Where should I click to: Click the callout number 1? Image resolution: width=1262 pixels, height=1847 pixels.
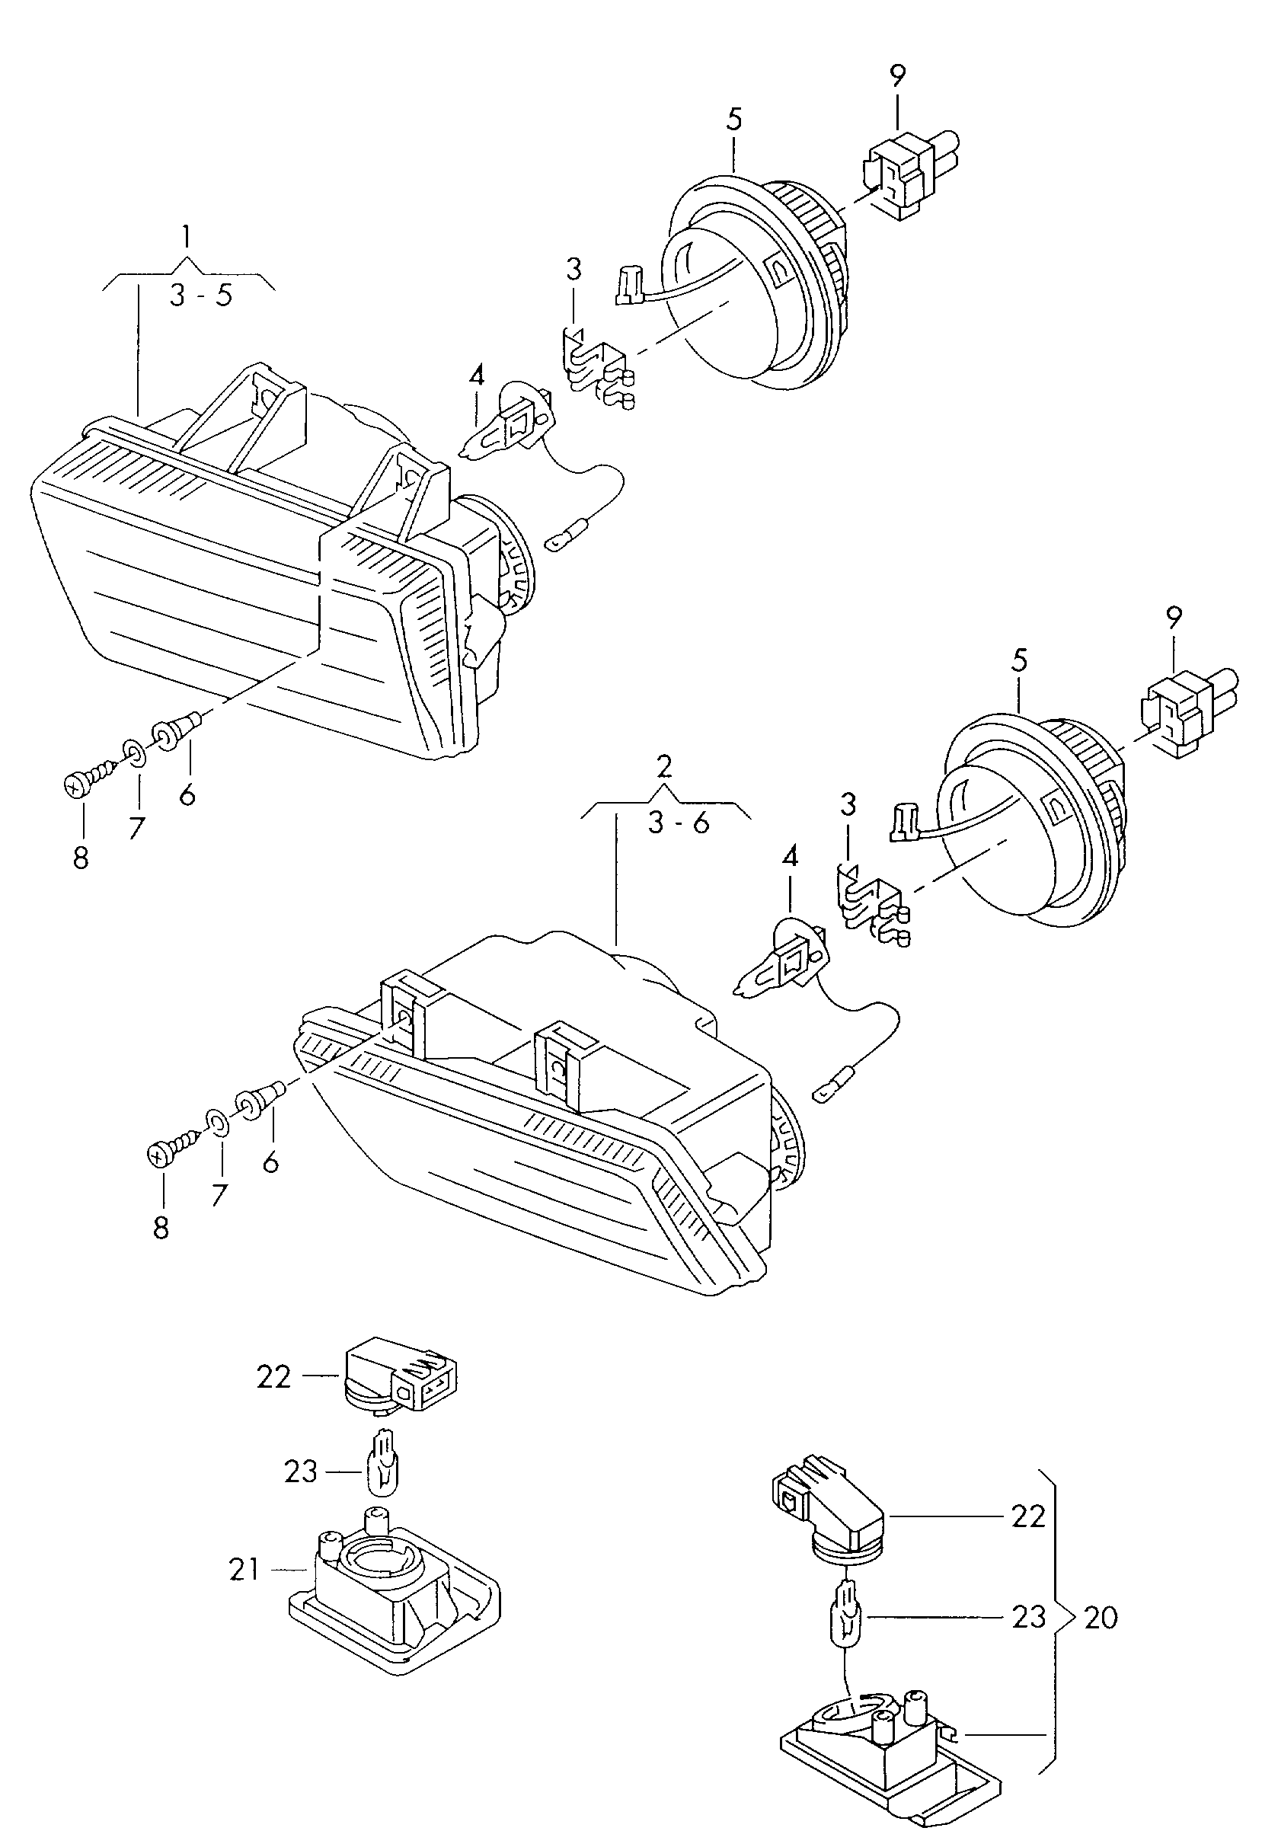click(187, 237)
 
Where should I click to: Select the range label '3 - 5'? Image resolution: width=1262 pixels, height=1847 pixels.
click(201, 296)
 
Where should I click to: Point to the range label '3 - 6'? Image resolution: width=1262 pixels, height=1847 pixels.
click(678, 823)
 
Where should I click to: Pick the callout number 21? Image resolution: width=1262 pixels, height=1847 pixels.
click(244, 1569)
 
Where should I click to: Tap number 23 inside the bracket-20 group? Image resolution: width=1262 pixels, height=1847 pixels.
click(1028, 1616)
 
